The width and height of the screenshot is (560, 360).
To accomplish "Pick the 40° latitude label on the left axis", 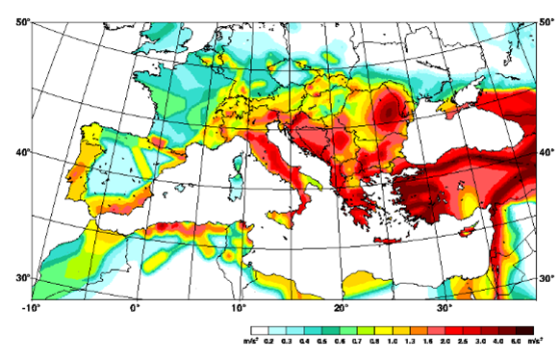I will pos(19,152).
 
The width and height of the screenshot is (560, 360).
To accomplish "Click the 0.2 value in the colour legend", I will pos(273,341).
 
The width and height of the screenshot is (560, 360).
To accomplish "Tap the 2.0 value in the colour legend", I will pos(444,341).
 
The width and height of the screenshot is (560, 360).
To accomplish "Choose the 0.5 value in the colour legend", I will pos(319,341).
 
